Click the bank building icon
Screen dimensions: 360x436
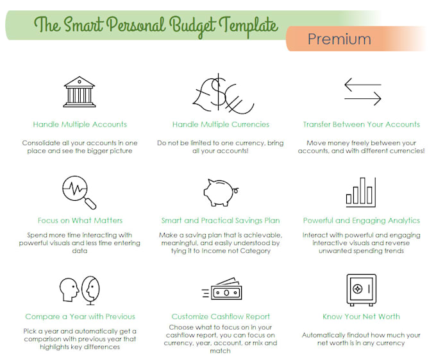pos(80,92)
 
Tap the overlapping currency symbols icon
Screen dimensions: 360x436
pos(221,93)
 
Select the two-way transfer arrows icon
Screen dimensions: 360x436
pos(362,92)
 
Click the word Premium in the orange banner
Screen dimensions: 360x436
pos(339,39)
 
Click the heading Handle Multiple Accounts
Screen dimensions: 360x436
pos(80,124)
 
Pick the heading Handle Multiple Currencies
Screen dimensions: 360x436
pos(221,124)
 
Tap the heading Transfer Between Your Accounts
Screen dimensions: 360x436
pos(362,124)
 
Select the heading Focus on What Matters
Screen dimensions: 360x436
pos(80,221)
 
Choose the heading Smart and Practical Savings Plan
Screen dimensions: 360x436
pos(221,221)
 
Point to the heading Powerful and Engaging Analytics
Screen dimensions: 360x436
pos(362,221)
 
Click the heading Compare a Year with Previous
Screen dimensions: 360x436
pos(80,316)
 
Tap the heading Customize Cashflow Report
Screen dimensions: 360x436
pos(221,316)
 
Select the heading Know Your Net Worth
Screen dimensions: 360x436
pos(362,316)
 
